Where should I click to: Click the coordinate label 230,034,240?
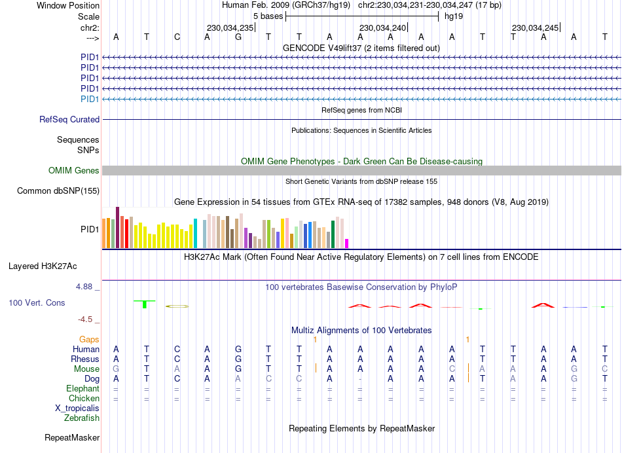382,27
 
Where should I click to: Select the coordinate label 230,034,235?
229,27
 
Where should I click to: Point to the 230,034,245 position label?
535,27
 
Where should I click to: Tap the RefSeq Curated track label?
69,120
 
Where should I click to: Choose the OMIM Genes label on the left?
74,171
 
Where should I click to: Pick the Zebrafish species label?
82,418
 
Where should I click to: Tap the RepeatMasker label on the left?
72,437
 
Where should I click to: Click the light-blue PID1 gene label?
90,99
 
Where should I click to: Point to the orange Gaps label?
89,339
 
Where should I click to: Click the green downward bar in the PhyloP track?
144,305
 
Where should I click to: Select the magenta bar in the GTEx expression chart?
347,244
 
